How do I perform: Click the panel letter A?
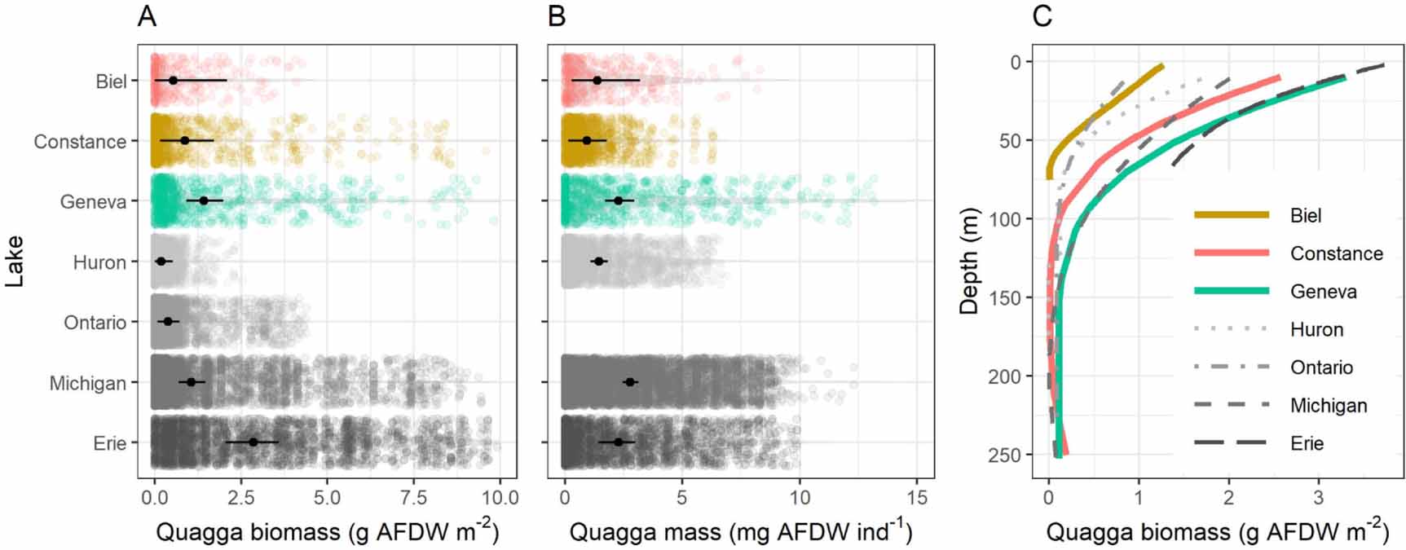147,16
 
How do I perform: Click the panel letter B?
557,16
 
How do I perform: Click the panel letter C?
1042,16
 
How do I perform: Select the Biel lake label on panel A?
111,81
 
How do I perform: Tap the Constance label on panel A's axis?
80,142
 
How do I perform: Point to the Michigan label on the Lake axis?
87,383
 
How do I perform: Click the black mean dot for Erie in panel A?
253,442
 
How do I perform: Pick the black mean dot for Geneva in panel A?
204,200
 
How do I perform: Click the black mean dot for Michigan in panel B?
629,381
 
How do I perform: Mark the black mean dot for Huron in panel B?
599,261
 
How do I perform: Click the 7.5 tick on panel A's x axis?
414,497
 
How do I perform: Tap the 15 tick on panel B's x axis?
917,497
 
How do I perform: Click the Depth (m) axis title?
970,259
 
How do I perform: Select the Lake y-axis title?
14,261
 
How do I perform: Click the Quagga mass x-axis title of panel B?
740,532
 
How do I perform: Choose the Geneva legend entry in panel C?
1323,292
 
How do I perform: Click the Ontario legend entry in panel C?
1320,367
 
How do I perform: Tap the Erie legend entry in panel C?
1307,443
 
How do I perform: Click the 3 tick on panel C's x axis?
1317,497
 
